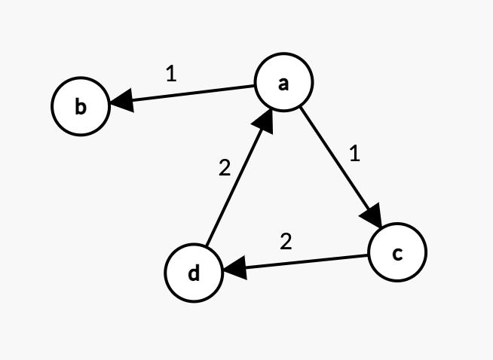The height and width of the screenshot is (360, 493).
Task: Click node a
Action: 283,84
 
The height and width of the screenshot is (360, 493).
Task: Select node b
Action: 81,107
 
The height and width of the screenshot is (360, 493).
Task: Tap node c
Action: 397,252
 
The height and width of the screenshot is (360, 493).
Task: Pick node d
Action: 194,273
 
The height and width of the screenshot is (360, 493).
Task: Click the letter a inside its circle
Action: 283,84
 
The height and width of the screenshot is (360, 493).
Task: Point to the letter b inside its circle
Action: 81,107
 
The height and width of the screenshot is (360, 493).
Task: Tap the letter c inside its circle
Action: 397,253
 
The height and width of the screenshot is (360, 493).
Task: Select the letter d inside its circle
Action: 194,273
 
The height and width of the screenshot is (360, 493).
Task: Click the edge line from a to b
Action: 188,94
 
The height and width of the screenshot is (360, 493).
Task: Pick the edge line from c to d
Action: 302,262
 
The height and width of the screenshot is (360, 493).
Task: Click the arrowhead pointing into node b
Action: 121,99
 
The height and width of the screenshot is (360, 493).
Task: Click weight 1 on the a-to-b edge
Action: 171,74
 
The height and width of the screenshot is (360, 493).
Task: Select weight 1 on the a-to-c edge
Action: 355,154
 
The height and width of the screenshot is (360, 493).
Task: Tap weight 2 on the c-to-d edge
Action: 285,242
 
